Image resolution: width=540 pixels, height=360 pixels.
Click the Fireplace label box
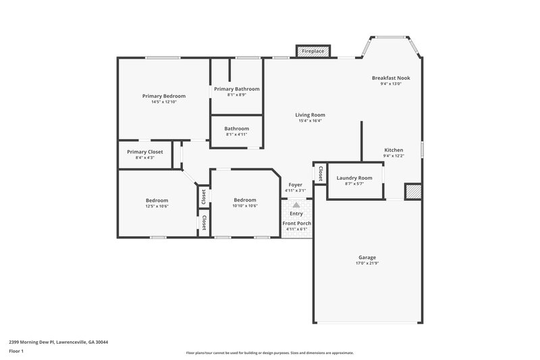[313, 51]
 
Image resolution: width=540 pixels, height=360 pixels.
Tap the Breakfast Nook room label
[391, 78]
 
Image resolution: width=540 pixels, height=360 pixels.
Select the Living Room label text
[310, 115]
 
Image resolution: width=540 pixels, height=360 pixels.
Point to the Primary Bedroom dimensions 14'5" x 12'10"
[163, 102]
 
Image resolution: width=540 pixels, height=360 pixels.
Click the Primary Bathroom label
[236, 89]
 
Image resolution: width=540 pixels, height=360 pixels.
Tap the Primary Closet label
[145, 152]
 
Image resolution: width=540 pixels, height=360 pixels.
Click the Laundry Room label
[354, 178]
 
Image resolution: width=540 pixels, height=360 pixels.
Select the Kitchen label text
[394, 150]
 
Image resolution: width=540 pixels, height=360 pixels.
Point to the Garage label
[367, 257]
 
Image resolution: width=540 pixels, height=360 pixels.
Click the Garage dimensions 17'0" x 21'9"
[367, 263]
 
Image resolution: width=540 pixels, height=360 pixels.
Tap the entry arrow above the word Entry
[296, 204]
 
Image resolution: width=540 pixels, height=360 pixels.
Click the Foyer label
[296, 184]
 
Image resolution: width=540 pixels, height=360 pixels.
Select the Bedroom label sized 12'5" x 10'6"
[157, 200]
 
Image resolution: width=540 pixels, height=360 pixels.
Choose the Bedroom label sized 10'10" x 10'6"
[244, 200]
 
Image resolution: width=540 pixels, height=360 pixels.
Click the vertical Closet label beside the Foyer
[321, 174]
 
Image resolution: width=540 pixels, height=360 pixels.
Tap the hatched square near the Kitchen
[412, 192]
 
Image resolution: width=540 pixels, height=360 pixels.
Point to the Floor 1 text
[17, 352]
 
